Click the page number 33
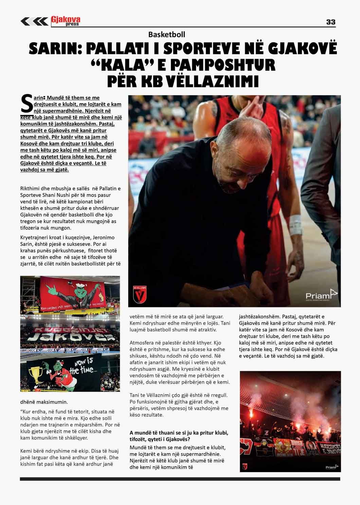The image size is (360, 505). [x=330, y=22]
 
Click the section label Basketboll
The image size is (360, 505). [x=166, y=34]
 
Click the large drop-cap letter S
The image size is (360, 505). [x=27, y=104]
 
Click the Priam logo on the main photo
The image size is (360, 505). [x=321, y=295]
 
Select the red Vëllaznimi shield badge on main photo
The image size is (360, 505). [x=140, y=294]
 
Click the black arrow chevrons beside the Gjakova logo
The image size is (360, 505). [x=34, y=21]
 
